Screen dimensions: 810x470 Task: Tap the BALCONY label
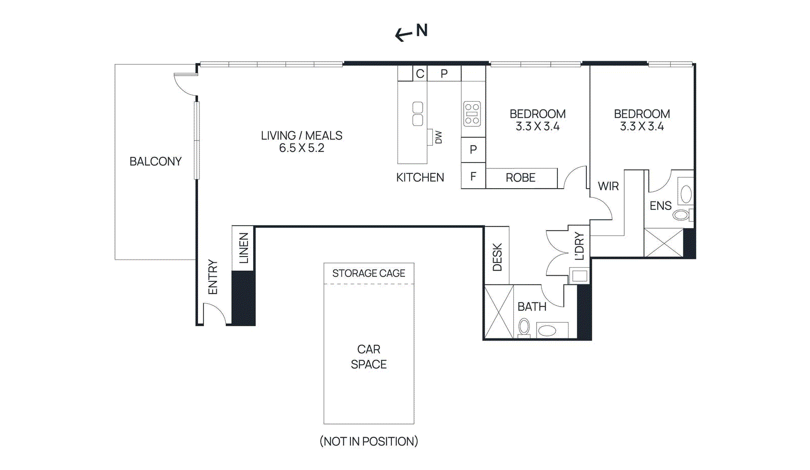pyautogui.click(x=155, y=161)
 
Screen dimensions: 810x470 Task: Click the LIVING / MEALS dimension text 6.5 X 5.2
pyautogui.click(x=302, y=148)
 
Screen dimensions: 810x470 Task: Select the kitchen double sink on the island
pyautogui.click(x=418, y=114)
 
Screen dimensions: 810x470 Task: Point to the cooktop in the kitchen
pyautogui.click(x=472, y=114)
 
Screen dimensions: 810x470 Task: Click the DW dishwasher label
pyautogui.click(x=438, y=137)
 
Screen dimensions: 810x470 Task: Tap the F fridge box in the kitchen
pyautogui.click(x=473, y=176)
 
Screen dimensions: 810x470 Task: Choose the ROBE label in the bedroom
pyautogui.click(x=521, y=178)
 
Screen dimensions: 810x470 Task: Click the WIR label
pyautogui.click(x=608, y=186)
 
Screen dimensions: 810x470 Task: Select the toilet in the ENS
pyautogui.click(x=682, y=215)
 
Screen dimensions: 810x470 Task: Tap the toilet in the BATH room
pyautogui.click(x=524, y=328)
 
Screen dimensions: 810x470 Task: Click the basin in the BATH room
pyautogui.click(x=547, y=330)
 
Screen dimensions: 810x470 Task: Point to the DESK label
pyautogui.click(x=498, y=257)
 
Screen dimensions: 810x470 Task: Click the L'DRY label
pyautogui.click(x=579, y=246)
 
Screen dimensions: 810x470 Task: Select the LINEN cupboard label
pyautogui.click(x=244, y=248)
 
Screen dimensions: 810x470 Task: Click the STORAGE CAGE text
pyautogui.click(x=369, y=274)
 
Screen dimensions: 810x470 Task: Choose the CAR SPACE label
pyautogui.click(x=369, y=357)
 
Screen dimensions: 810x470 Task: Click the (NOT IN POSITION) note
pyautogui.click(x=369, y=442)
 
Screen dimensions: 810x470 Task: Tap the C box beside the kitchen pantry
pyautogui.click(x=420, y=74)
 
